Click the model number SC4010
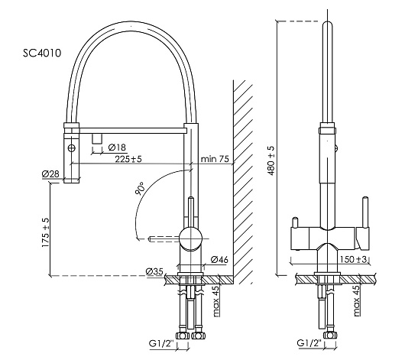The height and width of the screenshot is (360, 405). click(x=42, y=53)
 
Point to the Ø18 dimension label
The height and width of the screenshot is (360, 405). click(x=117, y=148)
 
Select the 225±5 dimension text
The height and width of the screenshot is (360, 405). click(x=128, y=159)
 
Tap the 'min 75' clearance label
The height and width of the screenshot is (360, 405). click(x=215, y=159)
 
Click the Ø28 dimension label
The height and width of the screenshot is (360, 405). click(x=50, y=174)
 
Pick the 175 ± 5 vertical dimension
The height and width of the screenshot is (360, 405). click(x=45, y=232)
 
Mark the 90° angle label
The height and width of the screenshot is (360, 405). click(x=140, y=188)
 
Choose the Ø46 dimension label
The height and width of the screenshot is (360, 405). click(x=219, y=259)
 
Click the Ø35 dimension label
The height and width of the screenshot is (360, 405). click(x=154, y=271)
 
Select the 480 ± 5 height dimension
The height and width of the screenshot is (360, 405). click(x=271, y=161)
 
